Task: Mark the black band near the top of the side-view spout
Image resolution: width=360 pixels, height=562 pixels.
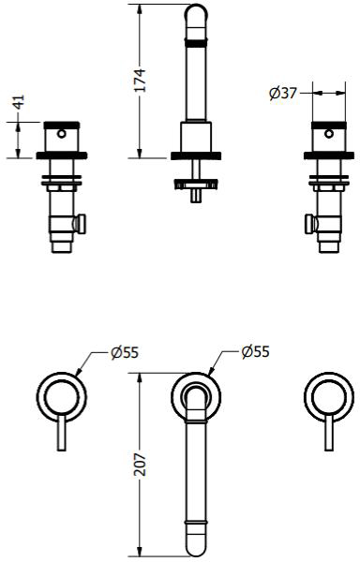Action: (197, 42)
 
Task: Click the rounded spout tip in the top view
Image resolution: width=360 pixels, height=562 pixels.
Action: (196, 543)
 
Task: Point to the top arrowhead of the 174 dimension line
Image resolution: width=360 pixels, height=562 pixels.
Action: (140, 7)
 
